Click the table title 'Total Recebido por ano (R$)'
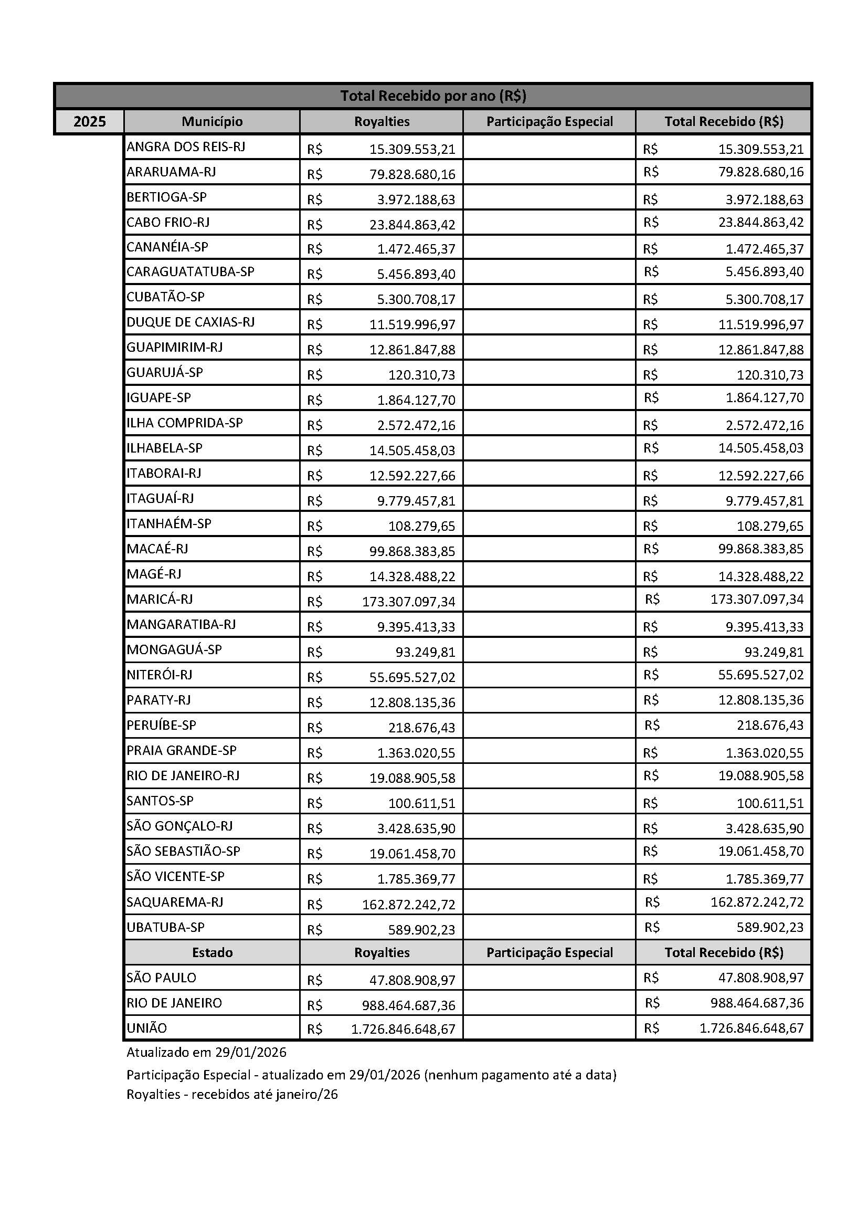pos(433,96)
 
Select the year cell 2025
pos(89,122)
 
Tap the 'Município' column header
pos(211,121)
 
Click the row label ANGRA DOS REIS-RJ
pos(186,146)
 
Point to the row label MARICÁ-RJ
pos(160,599)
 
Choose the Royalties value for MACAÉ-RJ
pos(411,551)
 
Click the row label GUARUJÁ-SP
pos(165,372)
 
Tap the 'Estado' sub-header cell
pos(211,952)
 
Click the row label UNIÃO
pos(147,1028)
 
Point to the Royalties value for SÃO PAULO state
pos(411,980)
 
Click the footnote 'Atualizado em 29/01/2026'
pos(206,1053)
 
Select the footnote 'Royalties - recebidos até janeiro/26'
pos(232,1094)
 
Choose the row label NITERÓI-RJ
pos(160,675)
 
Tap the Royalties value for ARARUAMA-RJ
pos(411,174)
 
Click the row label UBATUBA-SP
pos(166,927)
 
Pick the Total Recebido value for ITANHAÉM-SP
pos(770,526)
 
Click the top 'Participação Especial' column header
pos(549,121)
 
